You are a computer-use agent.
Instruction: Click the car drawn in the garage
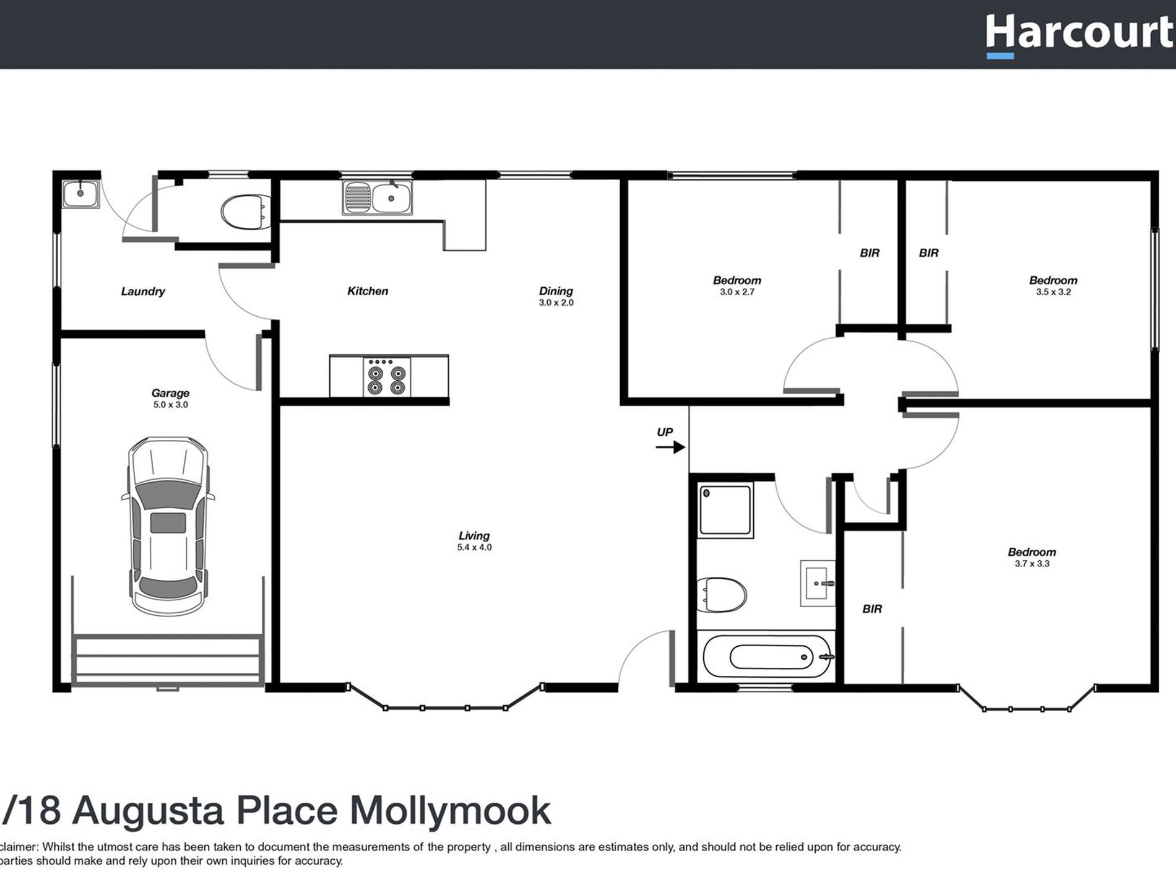(168, 527)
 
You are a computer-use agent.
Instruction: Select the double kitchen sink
(376, 198)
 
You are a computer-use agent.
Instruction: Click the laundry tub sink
(80, 194)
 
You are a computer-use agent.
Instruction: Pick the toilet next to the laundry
(245, 212)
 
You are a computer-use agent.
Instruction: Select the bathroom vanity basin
(818, 583)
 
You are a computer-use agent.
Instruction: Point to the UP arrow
(670, 446)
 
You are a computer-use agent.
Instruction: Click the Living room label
(474, 536)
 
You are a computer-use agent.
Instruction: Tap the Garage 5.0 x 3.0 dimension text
(170, 405)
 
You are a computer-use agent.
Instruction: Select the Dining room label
(556, 291)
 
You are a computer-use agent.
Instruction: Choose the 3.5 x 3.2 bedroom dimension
(1053, 292)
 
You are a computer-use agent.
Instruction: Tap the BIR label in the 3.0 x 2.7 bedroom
(869, 253)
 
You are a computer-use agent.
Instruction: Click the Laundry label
(143, 292)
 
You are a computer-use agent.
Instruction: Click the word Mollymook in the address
(450, 810)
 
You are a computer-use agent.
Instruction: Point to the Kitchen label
(368, 291)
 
